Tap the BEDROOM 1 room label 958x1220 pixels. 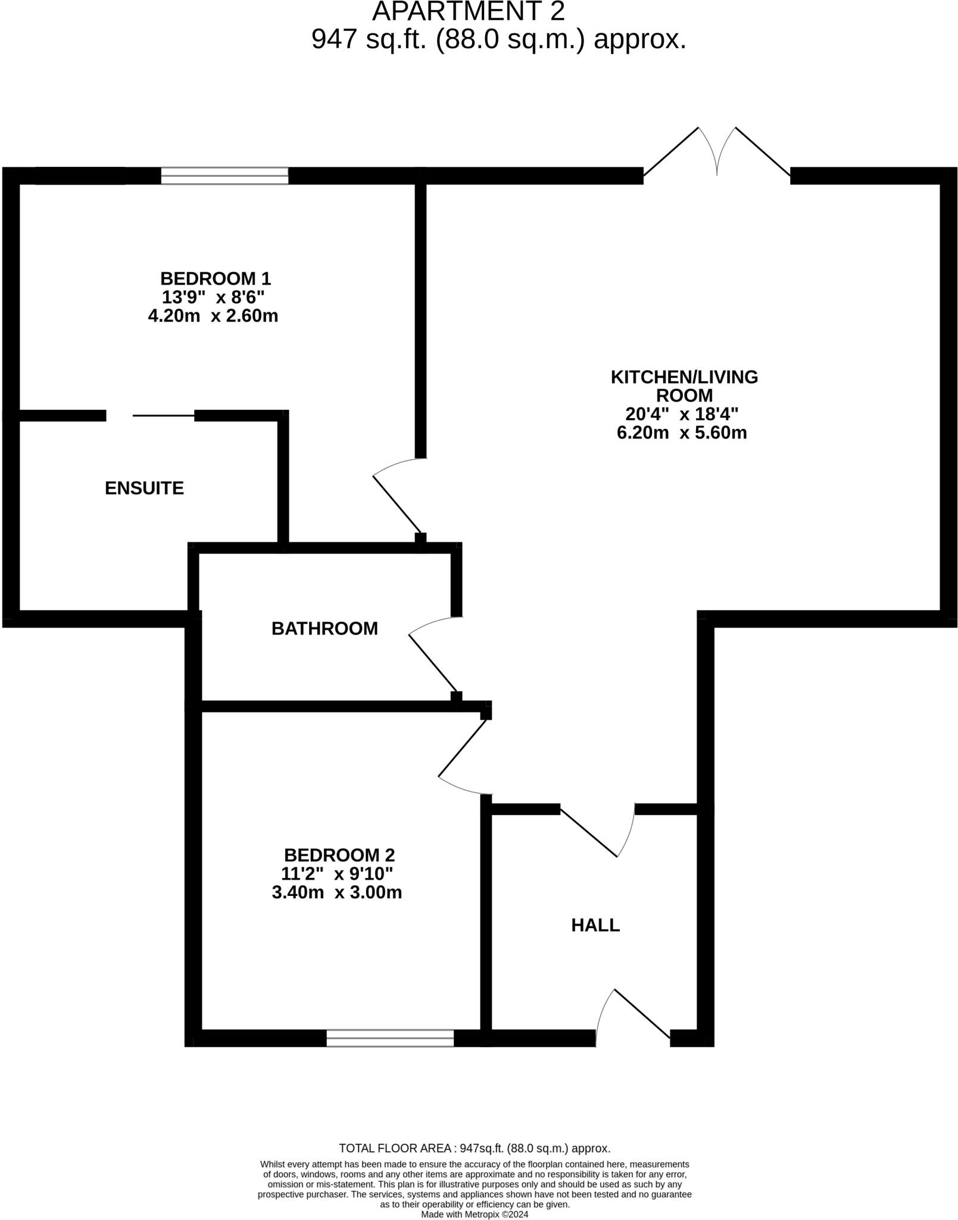click(x=216, y=278)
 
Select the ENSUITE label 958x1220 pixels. click(x=144, y=488)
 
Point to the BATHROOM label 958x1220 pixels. click(x=324, y=628)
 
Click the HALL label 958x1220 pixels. click(x=595, y=925)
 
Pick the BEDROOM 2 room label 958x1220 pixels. click(x=339, y=855)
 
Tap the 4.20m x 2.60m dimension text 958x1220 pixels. click(x=213, y=316)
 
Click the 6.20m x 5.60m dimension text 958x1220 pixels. click(x=682, y=432)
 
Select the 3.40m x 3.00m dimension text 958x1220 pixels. click(x=337, y=892)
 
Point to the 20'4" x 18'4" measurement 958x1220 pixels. click(x=682, y=413)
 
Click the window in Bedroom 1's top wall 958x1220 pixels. click(x=224, y=176)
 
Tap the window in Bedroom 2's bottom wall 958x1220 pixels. click(x=390, y=1038)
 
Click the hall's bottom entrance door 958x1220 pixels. click(x=634, y=1014)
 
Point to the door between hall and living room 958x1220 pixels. click(x=597, y=831)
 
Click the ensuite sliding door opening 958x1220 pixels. click(x=150, y=415)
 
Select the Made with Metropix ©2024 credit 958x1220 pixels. click(x=475, y=1214)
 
